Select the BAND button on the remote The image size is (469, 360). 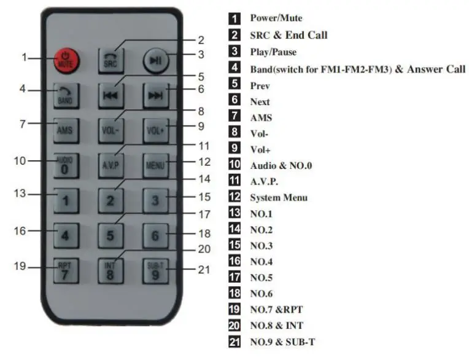pos(64,95)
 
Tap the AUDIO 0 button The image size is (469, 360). pos(64,165)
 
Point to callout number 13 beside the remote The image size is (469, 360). pos(21,194)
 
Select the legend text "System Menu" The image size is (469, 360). pos(278,197)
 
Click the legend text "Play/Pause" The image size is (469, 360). pos(273,52)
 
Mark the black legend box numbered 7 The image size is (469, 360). pos(234,116)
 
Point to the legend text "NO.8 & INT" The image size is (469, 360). pos(276,325)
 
